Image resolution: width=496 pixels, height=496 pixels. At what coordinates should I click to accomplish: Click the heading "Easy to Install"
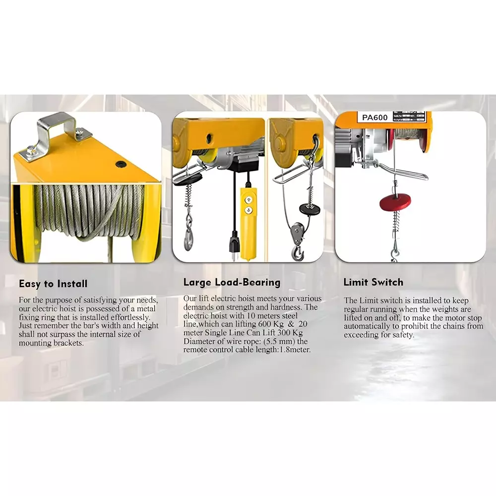pos(53,284)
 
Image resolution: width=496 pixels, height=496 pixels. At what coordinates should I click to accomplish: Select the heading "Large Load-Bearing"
pos(232,283)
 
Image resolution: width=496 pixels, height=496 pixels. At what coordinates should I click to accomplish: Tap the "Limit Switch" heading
pos(373,283)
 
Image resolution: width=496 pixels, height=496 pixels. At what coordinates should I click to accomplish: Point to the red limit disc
pos(395,201)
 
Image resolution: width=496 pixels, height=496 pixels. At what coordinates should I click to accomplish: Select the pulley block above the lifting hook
pos(297,231)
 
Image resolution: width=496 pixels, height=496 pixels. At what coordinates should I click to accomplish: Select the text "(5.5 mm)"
pos(283,341)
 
